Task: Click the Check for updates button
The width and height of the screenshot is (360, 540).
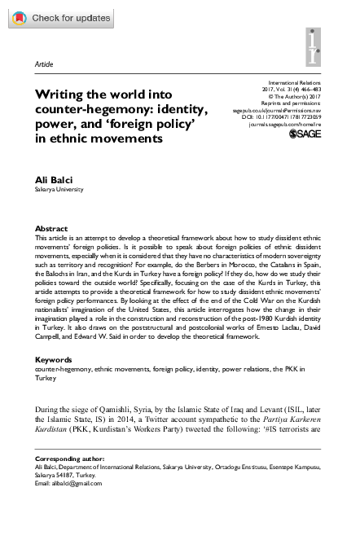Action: point(58,17)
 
